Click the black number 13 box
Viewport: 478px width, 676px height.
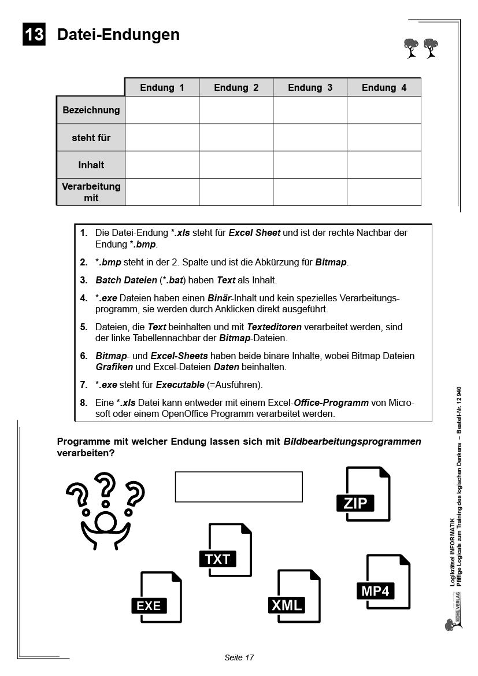[34, 35]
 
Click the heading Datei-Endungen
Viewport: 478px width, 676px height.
[118, 35]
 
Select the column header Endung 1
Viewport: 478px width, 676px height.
[162, 87]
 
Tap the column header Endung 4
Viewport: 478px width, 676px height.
[384, 87]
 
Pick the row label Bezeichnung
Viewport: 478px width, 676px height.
[91, 110]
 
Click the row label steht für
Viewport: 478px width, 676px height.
[91, 138]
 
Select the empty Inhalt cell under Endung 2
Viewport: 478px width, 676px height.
[236, 165]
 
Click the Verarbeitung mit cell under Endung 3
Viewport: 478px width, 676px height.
[310, 192]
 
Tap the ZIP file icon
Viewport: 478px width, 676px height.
[364, 494]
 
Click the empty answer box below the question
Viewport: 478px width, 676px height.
[239, 487]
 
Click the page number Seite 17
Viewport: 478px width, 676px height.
[239, 657]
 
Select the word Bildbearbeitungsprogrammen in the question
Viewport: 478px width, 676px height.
[353, 442]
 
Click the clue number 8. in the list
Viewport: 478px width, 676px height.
[84, 402]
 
